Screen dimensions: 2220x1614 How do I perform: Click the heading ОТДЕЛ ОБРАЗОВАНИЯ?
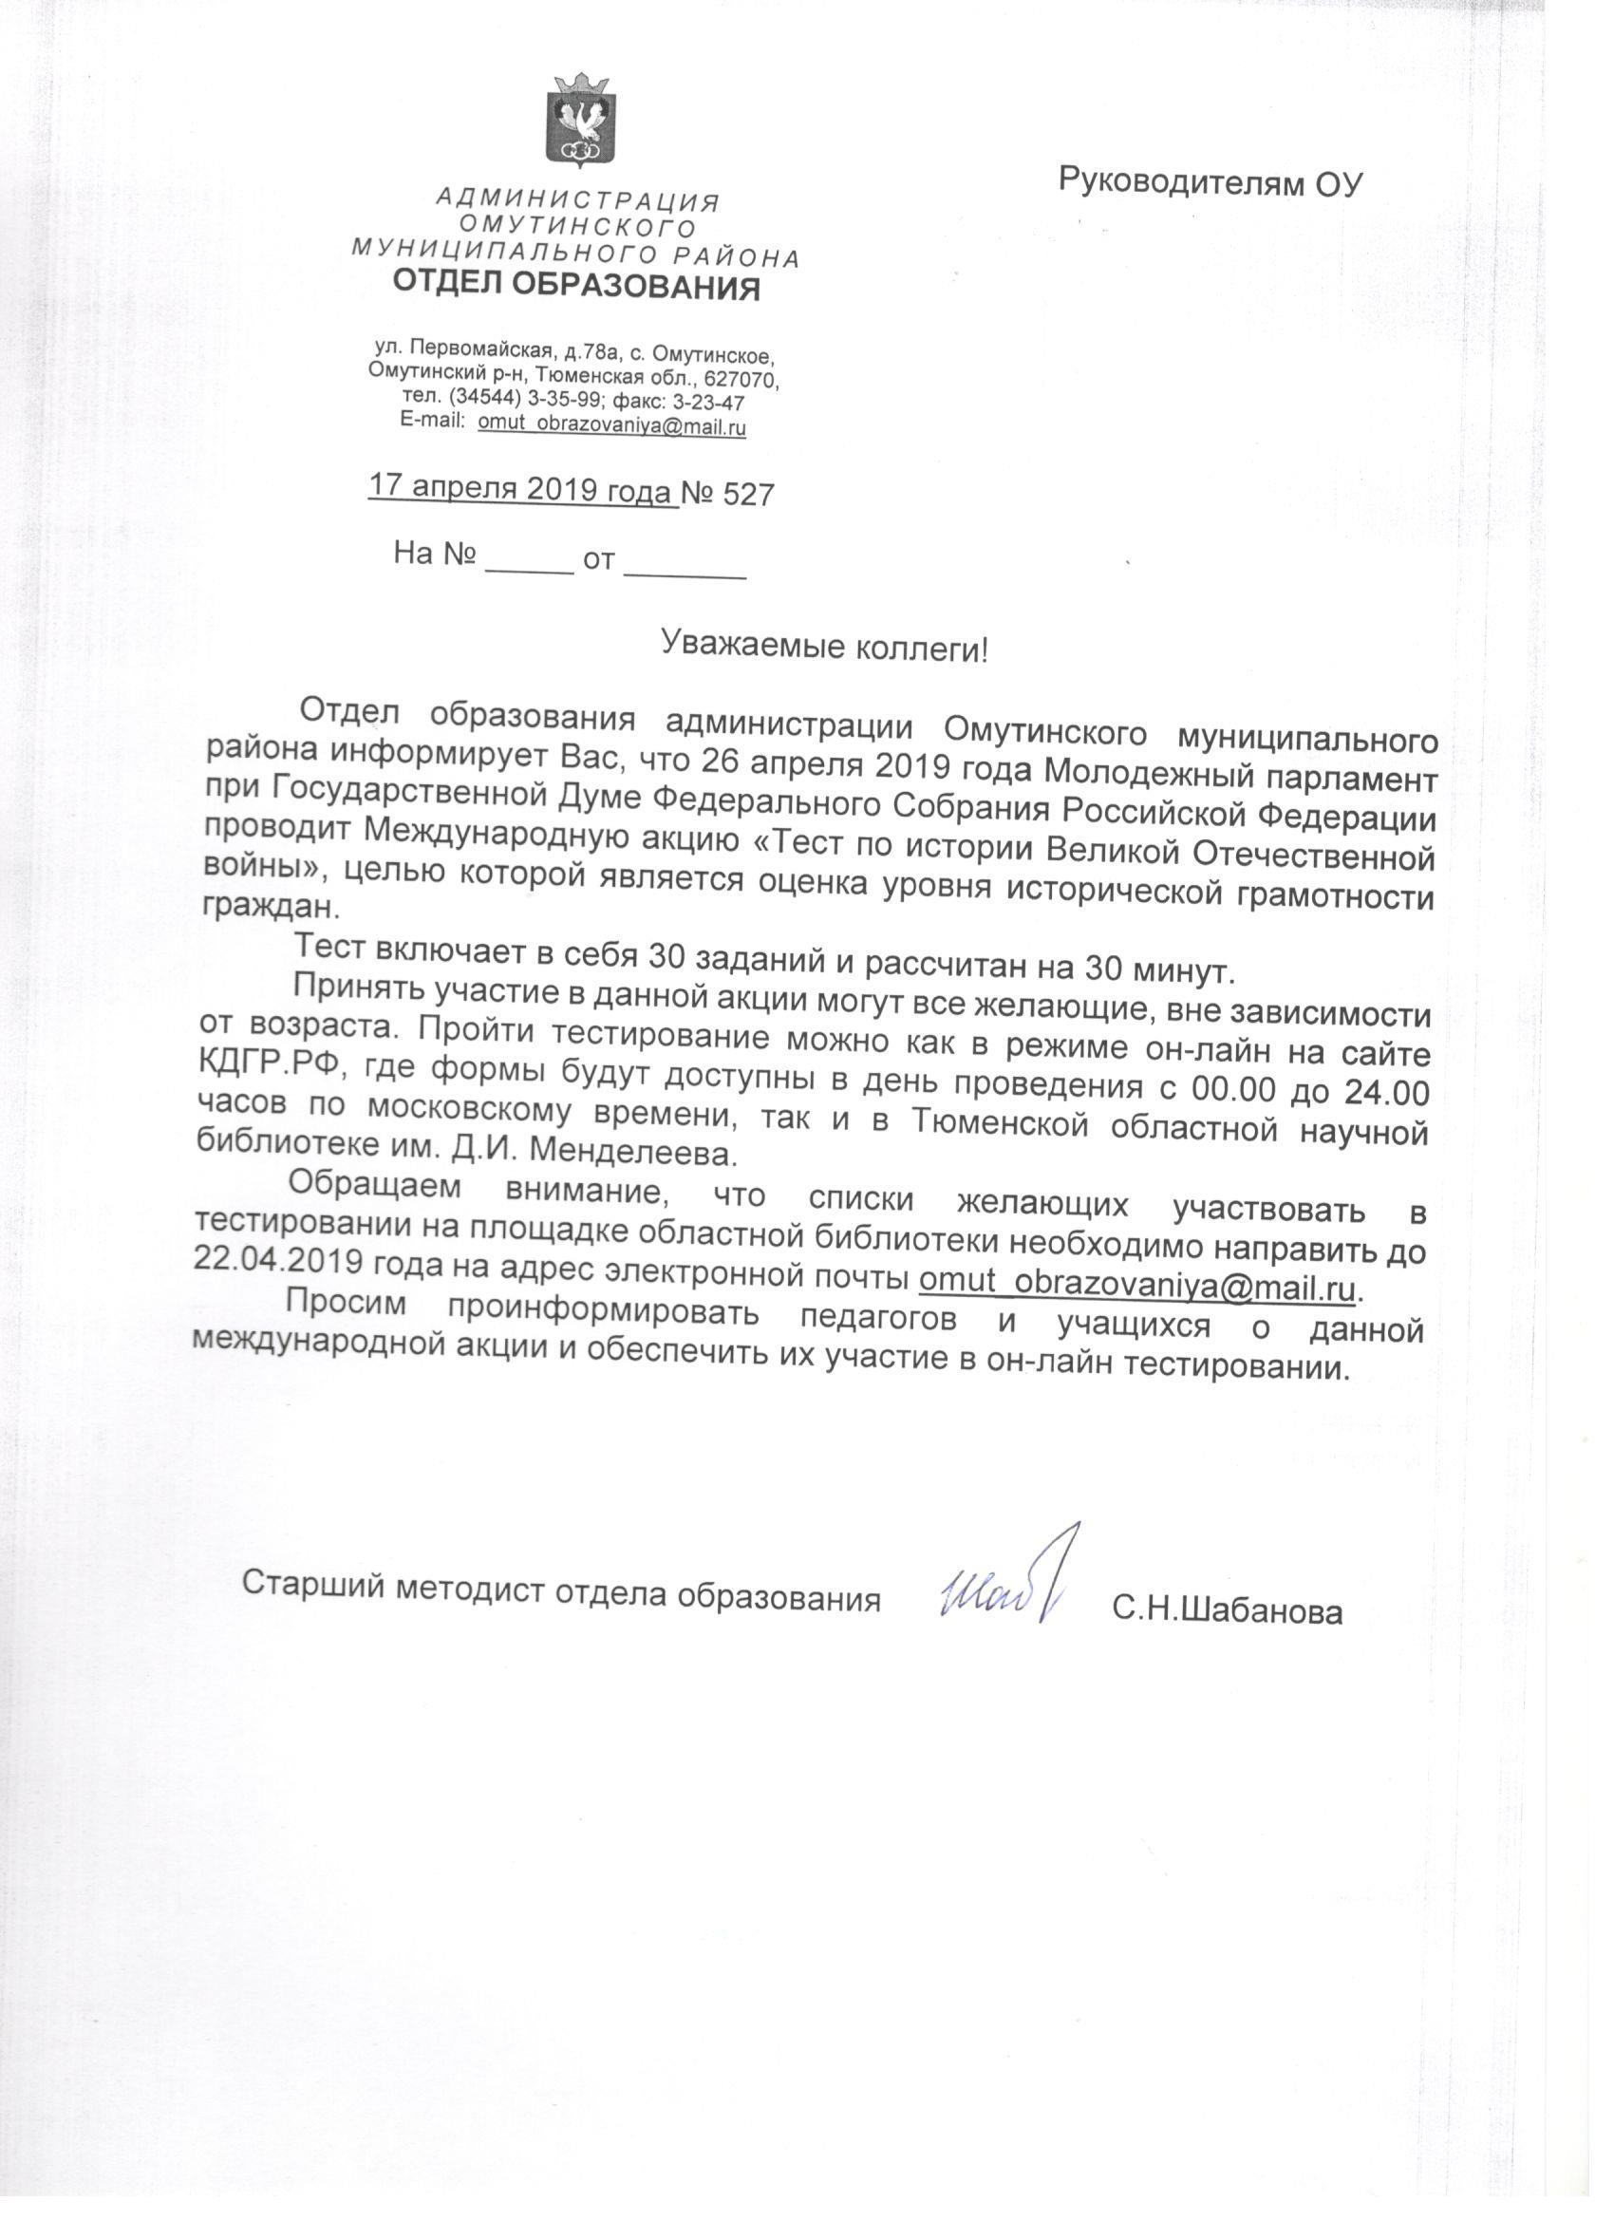pyautogui.click(x=575, y=286)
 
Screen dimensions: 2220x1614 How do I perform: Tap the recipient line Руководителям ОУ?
pyautogui.click(x=1210, y=182)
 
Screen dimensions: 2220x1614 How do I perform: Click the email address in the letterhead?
pyautogui.click(x=611, y=426)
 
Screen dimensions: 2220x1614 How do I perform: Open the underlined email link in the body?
pyautogui.click(x=1136, y=1283)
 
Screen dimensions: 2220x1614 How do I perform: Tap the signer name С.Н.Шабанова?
pyautogui.click(x=1227, y=1610)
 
